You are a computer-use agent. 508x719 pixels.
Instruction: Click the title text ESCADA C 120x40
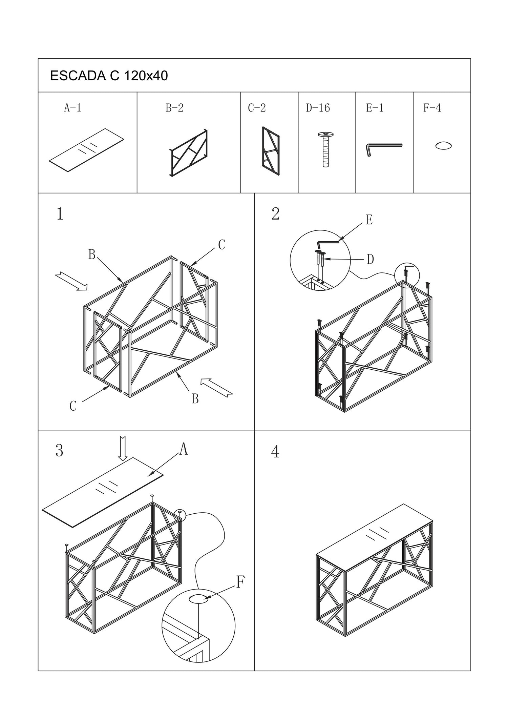pos(109,76)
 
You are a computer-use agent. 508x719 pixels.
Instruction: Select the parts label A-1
pos(73,108)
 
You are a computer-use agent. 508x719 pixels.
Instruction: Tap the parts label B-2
pos(174,108)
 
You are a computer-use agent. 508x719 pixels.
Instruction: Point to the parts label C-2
pos(257,108)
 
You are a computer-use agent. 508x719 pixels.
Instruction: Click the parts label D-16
pos(318,108)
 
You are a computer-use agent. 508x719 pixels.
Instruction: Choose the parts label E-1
pos(375,108)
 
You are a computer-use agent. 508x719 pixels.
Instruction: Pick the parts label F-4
pos(432,108)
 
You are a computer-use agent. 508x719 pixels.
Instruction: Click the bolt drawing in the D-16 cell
pos(325,149)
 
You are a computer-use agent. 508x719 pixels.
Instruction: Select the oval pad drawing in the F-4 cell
pos(443,146)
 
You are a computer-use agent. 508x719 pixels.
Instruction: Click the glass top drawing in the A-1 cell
pos(87,150)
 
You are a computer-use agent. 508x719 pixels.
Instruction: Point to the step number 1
pos(60,214)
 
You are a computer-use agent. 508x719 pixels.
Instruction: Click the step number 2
pos(276,214)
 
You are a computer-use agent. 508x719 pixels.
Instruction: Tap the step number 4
pos(275,452)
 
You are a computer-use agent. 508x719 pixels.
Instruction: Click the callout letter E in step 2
pos(369,220)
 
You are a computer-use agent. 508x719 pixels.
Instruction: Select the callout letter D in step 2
pos(370,260)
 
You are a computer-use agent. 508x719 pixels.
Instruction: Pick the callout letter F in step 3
pos(240,582)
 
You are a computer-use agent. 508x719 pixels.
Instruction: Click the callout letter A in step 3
pos(184,449)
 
